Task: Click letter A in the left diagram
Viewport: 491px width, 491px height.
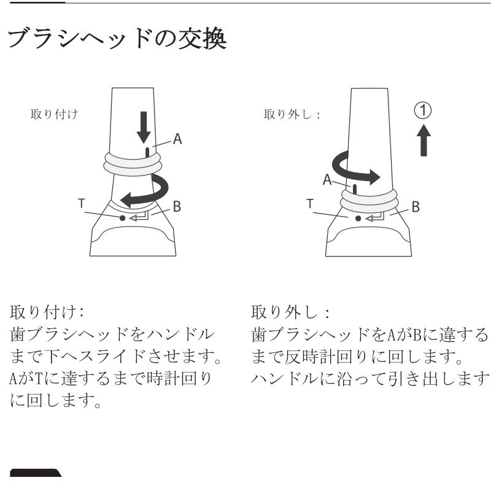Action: tap(177, 139)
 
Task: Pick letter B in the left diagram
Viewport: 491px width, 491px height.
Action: tap(177, 207)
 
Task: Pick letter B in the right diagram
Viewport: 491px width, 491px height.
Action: tap(416, 207)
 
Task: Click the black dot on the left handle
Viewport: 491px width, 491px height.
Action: tap(123, 217)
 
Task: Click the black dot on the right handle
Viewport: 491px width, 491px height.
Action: tap(358, 217)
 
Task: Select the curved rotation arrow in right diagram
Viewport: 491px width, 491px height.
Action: tap(352, 169)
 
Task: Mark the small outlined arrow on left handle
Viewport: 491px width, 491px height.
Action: tap(139, 217)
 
